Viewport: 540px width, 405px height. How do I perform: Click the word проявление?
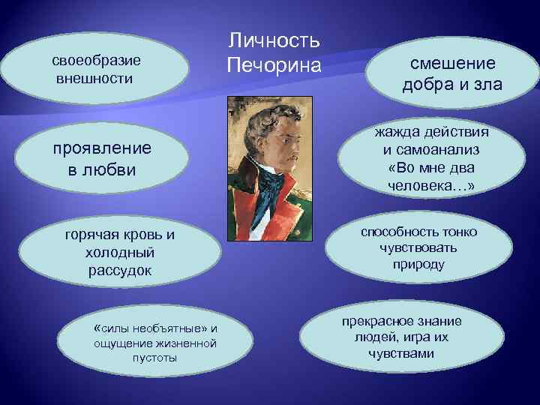click(x=102, y=148)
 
